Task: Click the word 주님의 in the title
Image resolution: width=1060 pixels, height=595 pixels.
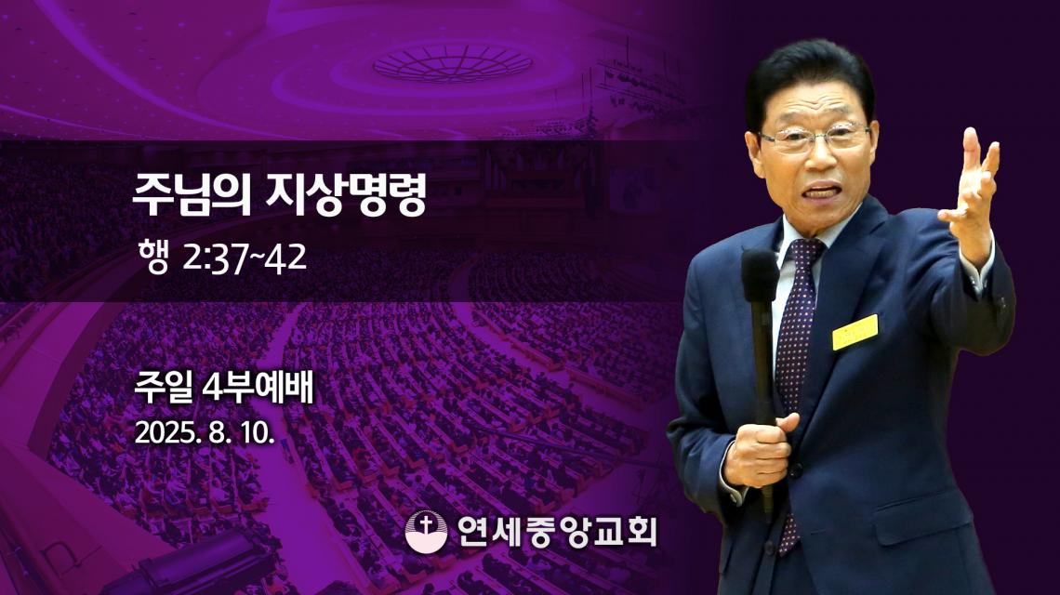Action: pyautogui.click(x=192, y=194)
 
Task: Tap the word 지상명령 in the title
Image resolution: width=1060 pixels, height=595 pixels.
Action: pyautogui.click(x=346, y=194)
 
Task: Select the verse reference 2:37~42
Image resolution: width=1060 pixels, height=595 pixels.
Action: pyautogui.click(x=245, y=258)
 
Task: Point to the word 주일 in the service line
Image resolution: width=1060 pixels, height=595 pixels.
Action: pyautogui.click(x=163, y=389)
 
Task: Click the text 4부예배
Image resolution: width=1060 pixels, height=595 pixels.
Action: pyautogui.click(x=258, y=389)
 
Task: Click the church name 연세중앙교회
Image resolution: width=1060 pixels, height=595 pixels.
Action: pyautogui.click(x=556, y=532)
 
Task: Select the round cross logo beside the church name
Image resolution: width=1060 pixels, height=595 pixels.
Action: pyautogui.click(x=426, y=531)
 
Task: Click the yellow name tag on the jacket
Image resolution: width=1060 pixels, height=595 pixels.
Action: pyautogui.click(x=855, y=332)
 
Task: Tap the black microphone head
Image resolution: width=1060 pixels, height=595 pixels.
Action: pyautogui.click(x=760, y=275)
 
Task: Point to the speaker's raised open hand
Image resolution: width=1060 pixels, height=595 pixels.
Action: pyautogui.click(x=970, y=192)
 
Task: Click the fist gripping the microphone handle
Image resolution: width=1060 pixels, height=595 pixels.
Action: pyautogui.click(x=761, y=449)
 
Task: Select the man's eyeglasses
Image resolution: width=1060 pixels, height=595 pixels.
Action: pyautogui.click(x=815, y=138)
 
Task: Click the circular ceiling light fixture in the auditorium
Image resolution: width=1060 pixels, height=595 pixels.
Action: pyautogui.click(x=452, y=63)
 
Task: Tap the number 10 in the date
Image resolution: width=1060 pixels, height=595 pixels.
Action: pyautogui.click(x=258, y=432)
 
